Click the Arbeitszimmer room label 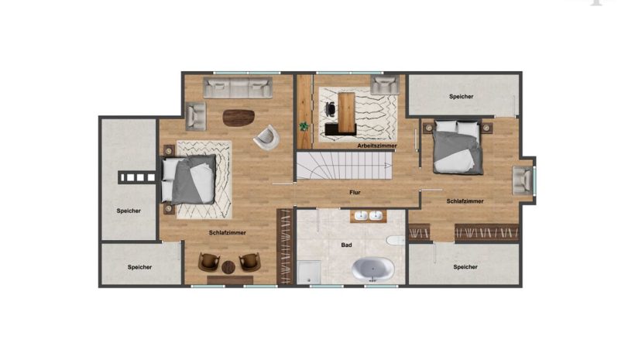376,146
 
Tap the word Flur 355,192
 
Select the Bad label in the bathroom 346,245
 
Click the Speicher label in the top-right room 461,96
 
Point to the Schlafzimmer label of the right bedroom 465,201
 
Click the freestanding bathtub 372,269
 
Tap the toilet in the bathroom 396,241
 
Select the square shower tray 309,272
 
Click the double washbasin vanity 368,216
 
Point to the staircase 345,166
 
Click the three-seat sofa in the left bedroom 238,87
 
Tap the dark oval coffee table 239,118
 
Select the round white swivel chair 267,138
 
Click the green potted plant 304,126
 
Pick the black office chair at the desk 330,109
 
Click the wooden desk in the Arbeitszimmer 347,112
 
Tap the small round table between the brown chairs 228,267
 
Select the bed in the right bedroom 458,147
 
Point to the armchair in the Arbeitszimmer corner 385,85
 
